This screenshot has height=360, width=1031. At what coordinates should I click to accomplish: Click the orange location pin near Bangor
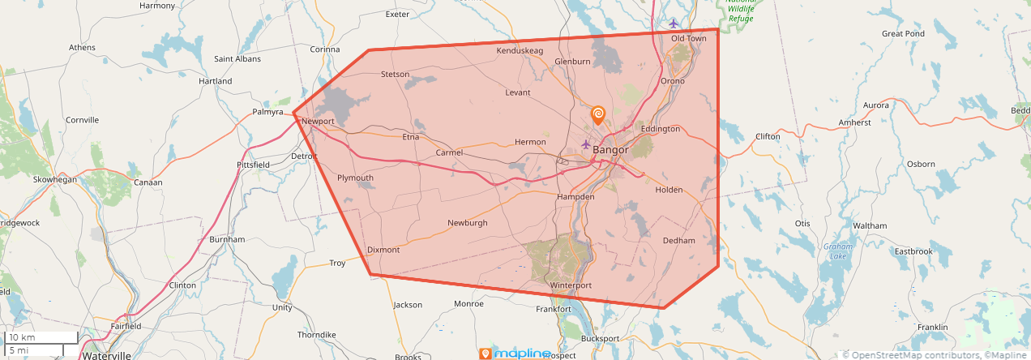coord(598,115)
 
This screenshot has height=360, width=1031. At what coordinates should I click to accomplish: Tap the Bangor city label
coord(610,150)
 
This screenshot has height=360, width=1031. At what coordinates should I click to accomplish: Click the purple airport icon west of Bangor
coord(586,144)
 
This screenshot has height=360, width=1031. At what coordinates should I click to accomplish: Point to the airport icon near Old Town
coord(673,23)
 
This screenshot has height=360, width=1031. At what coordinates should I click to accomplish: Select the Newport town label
coord(317,122)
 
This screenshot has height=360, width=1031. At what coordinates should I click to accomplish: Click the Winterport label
coord(571,285)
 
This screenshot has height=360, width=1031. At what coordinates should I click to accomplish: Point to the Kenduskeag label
coord(520,51)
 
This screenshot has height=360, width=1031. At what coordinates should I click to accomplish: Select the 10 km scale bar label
coord(22,337)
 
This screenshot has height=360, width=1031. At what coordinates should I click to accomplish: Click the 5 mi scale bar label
coord(18,350)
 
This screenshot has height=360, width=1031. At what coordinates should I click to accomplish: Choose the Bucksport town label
coord(600,338)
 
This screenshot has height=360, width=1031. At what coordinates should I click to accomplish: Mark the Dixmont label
coord(383,250)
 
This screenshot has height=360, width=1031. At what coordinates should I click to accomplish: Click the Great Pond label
coord(903,34)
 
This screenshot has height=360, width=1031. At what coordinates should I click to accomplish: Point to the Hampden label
coord(575,197)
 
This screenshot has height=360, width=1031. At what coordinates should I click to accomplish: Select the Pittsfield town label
coord(253,165)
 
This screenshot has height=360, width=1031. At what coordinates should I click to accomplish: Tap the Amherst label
coord(855,123)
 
